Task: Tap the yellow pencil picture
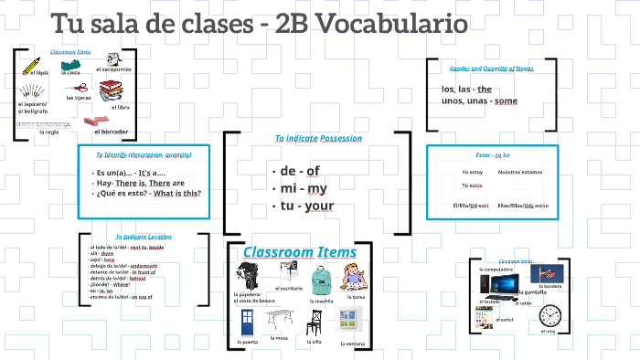tap(32, 63)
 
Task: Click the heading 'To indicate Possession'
tap(318, 138)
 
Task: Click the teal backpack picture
tap(319, 280)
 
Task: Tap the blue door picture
tap(247, 322)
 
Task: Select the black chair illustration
tap(314, 322)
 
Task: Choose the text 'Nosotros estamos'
tap(519, 172)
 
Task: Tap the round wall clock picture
tap(549, 316)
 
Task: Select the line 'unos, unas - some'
tap(479, 101)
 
